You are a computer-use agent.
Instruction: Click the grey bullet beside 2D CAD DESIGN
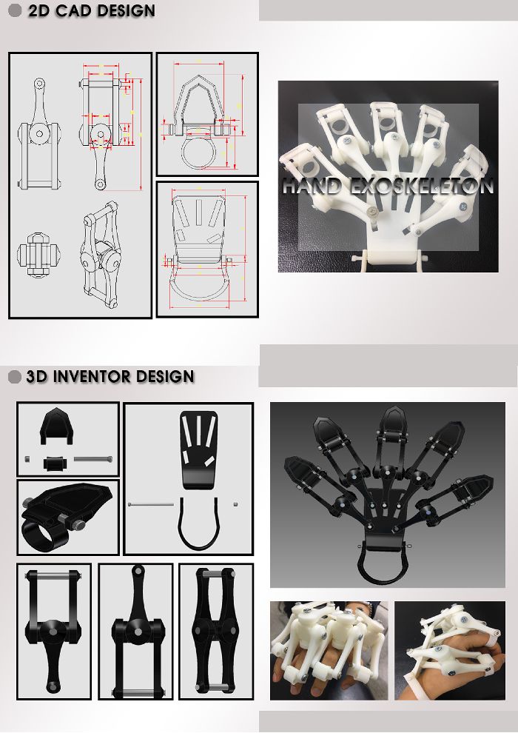[16, 10]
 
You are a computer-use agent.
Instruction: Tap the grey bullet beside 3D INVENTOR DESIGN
[15, 377]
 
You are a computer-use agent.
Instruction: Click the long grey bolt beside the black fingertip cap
[93, 459]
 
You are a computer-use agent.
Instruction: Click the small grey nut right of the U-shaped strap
[235, 504]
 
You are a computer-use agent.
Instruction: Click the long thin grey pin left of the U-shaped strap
[151, 504]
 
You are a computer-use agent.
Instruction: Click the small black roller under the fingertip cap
[55, 463]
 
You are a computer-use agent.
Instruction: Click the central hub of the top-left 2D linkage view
[39, 134]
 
